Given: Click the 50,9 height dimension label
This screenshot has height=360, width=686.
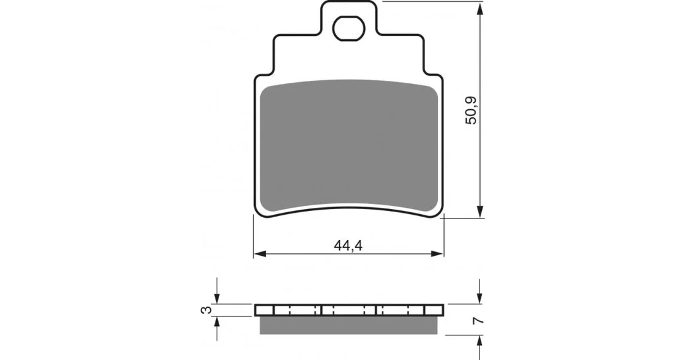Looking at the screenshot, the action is (x=472, y=110).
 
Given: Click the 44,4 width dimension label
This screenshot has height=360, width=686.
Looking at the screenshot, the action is (x=348, y=246).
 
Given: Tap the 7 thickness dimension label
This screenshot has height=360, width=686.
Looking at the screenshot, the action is (x=480, y=321).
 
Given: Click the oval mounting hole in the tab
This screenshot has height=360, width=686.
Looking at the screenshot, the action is (x=349, y=28).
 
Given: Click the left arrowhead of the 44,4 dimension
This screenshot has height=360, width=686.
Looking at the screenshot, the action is (x=260, y=254).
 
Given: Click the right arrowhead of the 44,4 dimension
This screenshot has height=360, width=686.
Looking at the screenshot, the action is (x=437, y=254).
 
